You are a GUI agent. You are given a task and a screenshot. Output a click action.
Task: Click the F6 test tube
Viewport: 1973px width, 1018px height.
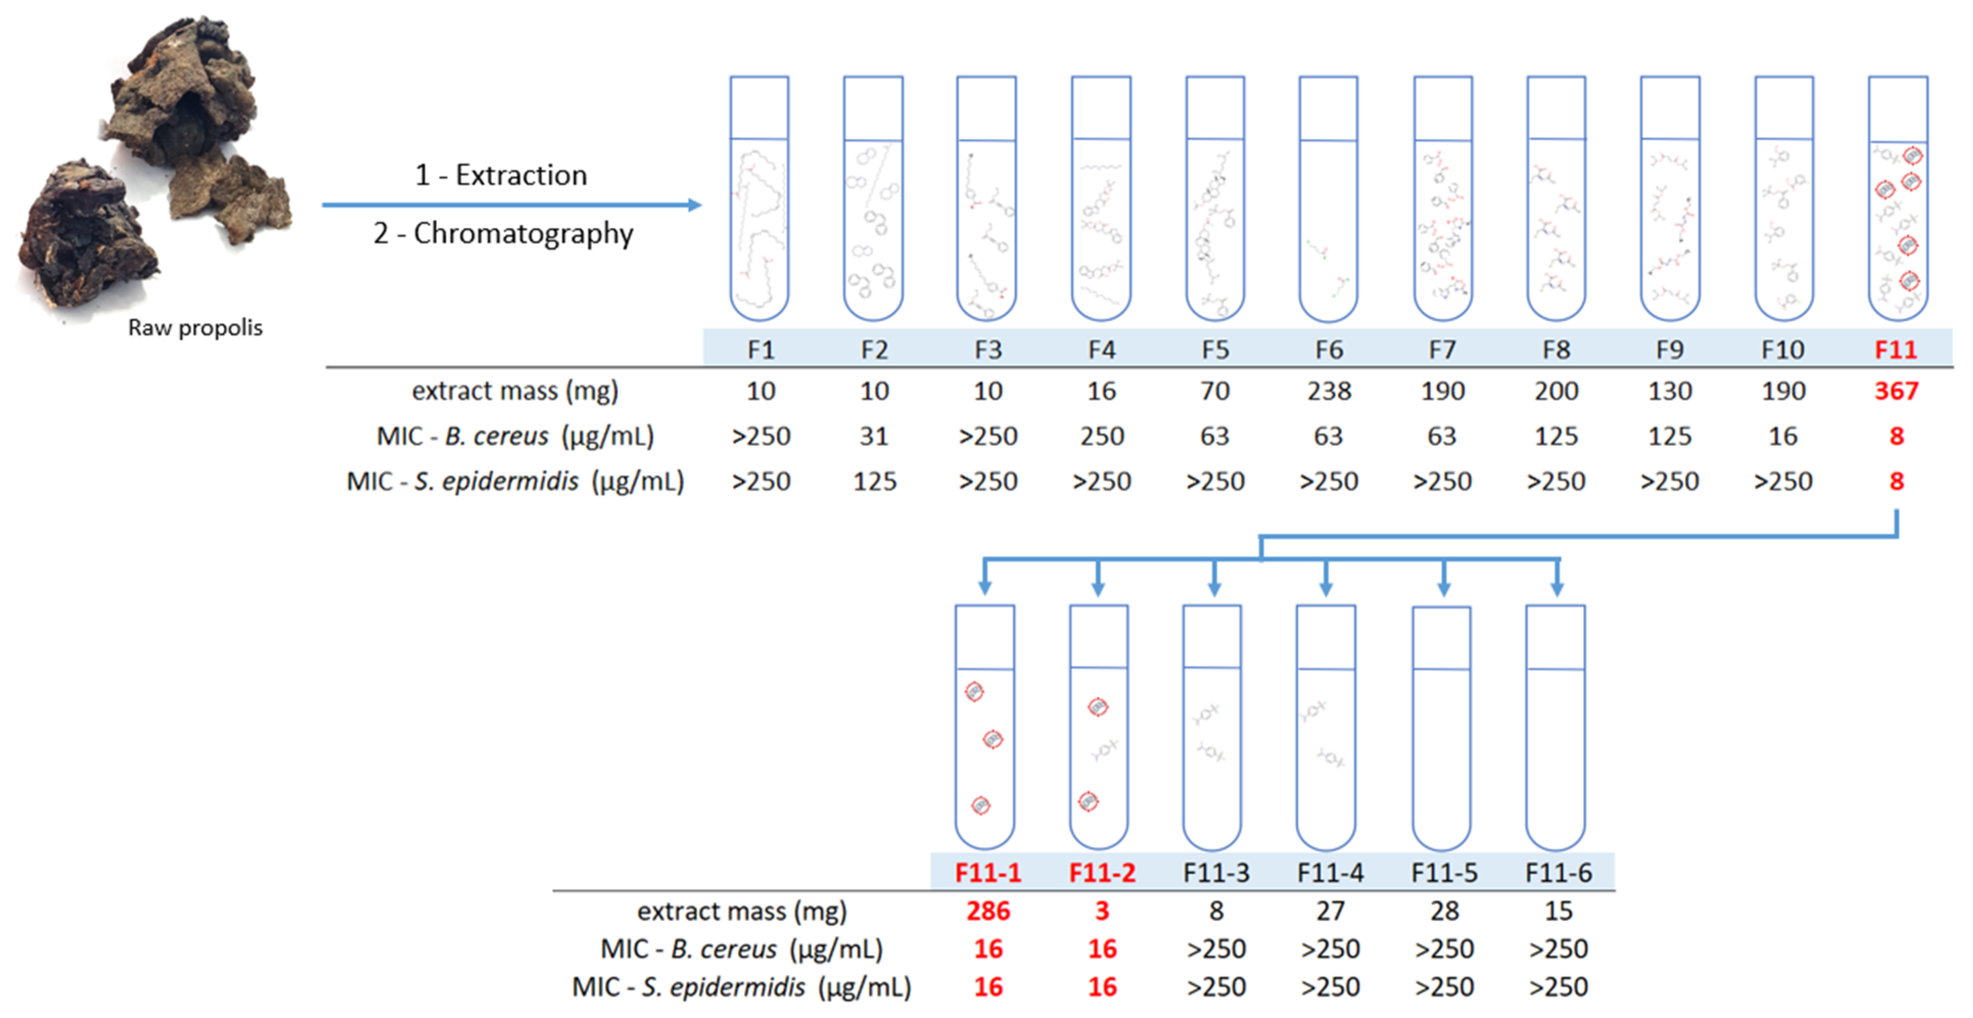click(x=1328, y=199)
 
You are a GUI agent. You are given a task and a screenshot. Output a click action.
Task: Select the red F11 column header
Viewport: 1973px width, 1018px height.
click(x=1896, y=349)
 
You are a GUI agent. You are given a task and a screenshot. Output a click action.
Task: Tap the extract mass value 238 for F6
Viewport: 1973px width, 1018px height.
click(x=1329, y=391)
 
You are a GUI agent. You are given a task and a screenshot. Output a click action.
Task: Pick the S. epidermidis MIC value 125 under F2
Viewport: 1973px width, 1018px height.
click(x=875, y=481)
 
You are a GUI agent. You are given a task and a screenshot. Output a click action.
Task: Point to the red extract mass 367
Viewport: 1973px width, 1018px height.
click(x=1896, y=391)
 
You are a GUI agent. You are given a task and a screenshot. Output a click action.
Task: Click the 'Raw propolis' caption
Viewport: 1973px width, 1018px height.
click(x=195, y=328)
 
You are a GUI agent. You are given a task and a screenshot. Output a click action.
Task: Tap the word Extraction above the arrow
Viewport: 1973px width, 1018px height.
click(x=521, y=175)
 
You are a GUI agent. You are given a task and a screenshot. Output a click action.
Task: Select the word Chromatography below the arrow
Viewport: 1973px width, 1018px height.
click(x=523, y=233)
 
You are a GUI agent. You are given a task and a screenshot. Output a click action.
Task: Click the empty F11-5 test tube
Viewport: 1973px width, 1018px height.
click(x=1442, y=728)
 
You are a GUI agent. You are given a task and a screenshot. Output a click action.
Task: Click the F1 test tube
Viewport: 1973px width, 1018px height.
click(x=759, y=199)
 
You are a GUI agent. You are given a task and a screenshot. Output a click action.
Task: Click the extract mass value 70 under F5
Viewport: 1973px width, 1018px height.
click(x=1215, y=391)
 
